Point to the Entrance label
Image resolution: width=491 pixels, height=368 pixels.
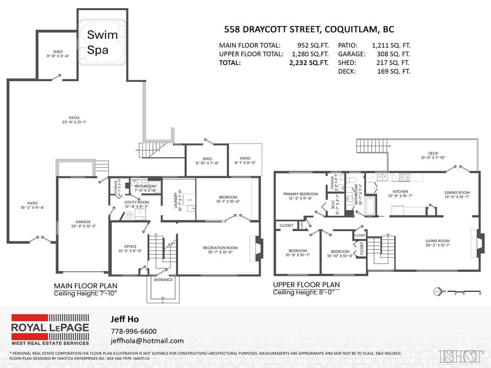(x=163, y=279)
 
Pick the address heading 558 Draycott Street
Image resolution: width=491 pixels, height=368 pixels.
(x=309, y=29)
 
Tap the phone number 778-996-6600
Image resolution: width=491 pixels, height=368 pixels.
(x=133, y=331)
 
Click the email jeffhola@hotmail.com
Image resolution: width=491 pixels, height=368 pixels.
(x=147, y=341)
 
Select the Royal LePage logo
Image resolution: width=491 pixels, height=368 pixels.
(x=50, y=329)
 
